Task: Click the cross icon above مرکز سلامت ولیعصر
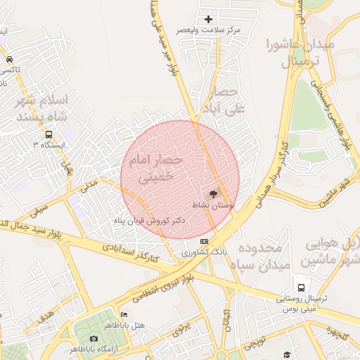(208, 19)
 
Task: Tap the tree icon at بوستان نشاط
(213, 193)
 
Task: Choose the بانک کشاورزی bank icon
(205, 241)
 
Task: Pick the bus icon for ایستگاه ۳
(49, 134)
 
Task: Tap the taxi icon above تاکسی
(9, 59)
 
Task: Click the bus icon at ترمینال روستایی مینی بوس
(301, 288)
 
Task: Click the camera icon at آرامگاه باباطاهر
(94, 338)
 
